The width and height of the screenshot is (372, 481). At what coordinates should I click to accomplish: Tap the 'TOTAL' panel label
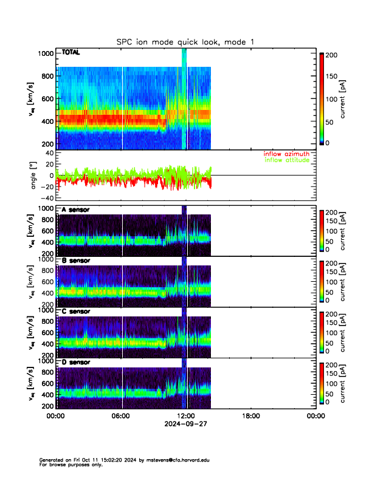tap(71, 53)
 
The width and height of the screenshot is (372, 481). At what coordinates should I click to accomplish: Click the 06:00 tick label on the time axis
tap(120, 417)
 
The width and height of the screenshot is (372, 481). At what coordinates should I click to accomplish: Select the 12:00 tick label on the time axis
tap(185, 417)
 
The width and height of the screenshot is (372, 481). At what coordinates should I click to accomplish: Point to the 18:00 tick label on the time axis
tap(250, 417)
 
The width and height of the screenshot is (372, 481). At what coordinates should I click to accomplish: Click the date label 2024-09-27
tap(185, 425)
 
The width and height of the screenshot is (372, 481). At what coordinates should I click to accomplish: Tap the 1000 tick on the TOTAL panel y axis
tap(46, 53)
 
